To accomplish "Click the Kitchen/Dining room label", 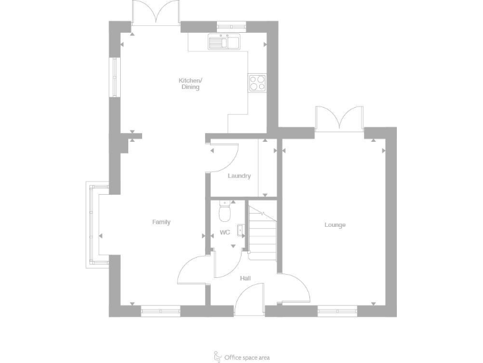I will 190,84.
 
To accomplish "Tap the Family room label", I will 161,222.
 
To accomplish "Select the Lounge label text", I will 335,225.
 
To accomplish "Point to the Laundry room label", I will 239,176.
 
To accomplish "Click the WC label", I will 225,233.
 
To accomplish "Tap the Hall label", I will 245,277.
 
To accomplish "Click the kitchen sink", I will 224,42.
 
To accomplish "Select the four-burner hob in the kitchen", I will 257,83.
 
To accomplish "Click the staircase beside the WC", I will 263,232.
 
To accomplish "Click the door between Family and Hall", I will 192,272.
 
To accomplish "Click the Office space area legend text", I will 247,357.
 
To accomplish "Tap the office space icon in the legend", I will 218,356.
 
